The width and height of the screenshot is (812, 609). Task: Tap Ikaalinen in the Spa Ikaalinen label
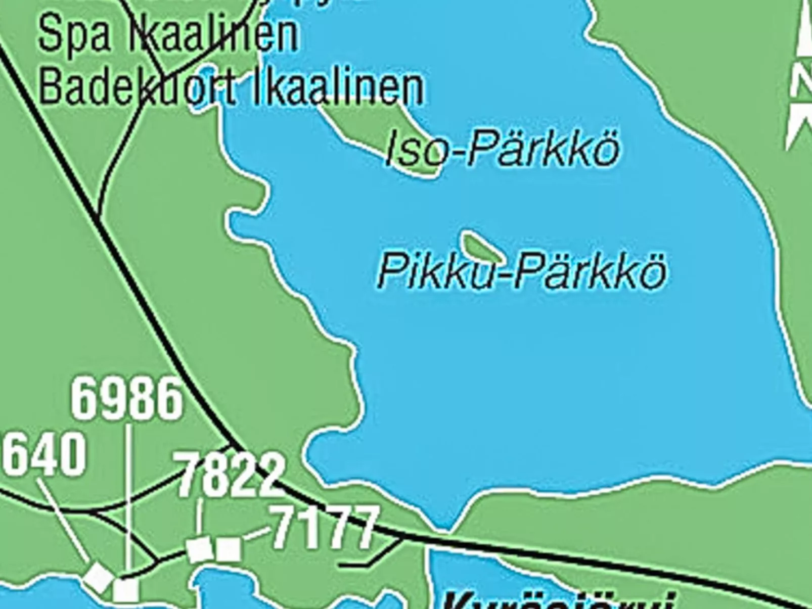[x=212, y=34]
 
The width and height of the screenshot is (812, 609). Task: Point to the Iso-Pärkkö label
[x=502, y=149]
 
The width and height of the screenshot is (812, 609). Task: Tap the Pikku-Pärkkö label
[x=522, y=271]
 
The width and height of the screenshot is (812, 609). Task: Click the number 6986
[x=127, y=399]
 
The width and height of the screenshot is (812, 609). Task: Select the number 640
[x=44, y=454]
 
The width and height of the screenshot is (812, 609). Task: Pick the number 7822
[x=231, y=475]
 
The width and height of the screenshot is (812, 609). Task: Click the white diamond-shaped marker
[x=99, y=577]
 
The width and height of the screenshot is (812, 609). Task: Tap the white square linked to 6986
[x=126, y=590]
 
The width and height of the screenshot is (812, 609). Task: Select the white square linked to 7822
[x=199, y=550]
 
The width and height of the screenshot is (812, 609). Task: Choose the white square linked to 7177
[x=229, y=549]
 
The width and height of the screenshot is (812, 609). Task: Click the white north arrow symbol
[x=800, y=81]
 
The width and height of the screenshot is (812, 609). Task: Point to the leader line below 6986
[x=129, y=495]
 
